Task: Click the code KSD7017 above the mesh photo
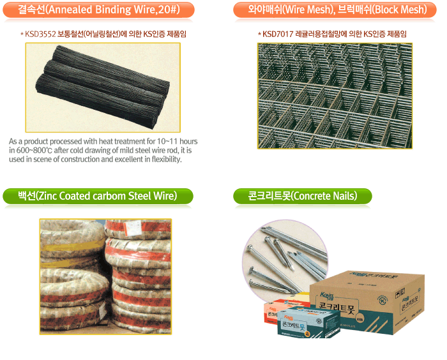(x=278, y=34)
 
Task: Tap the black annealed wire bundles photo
(x=102, y=87)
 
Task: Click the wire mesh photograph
(x=335, y=95)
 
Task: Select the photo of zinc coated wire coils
(x=105, y=272)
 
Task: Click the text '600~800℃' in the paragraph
(x=38, y=150)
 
